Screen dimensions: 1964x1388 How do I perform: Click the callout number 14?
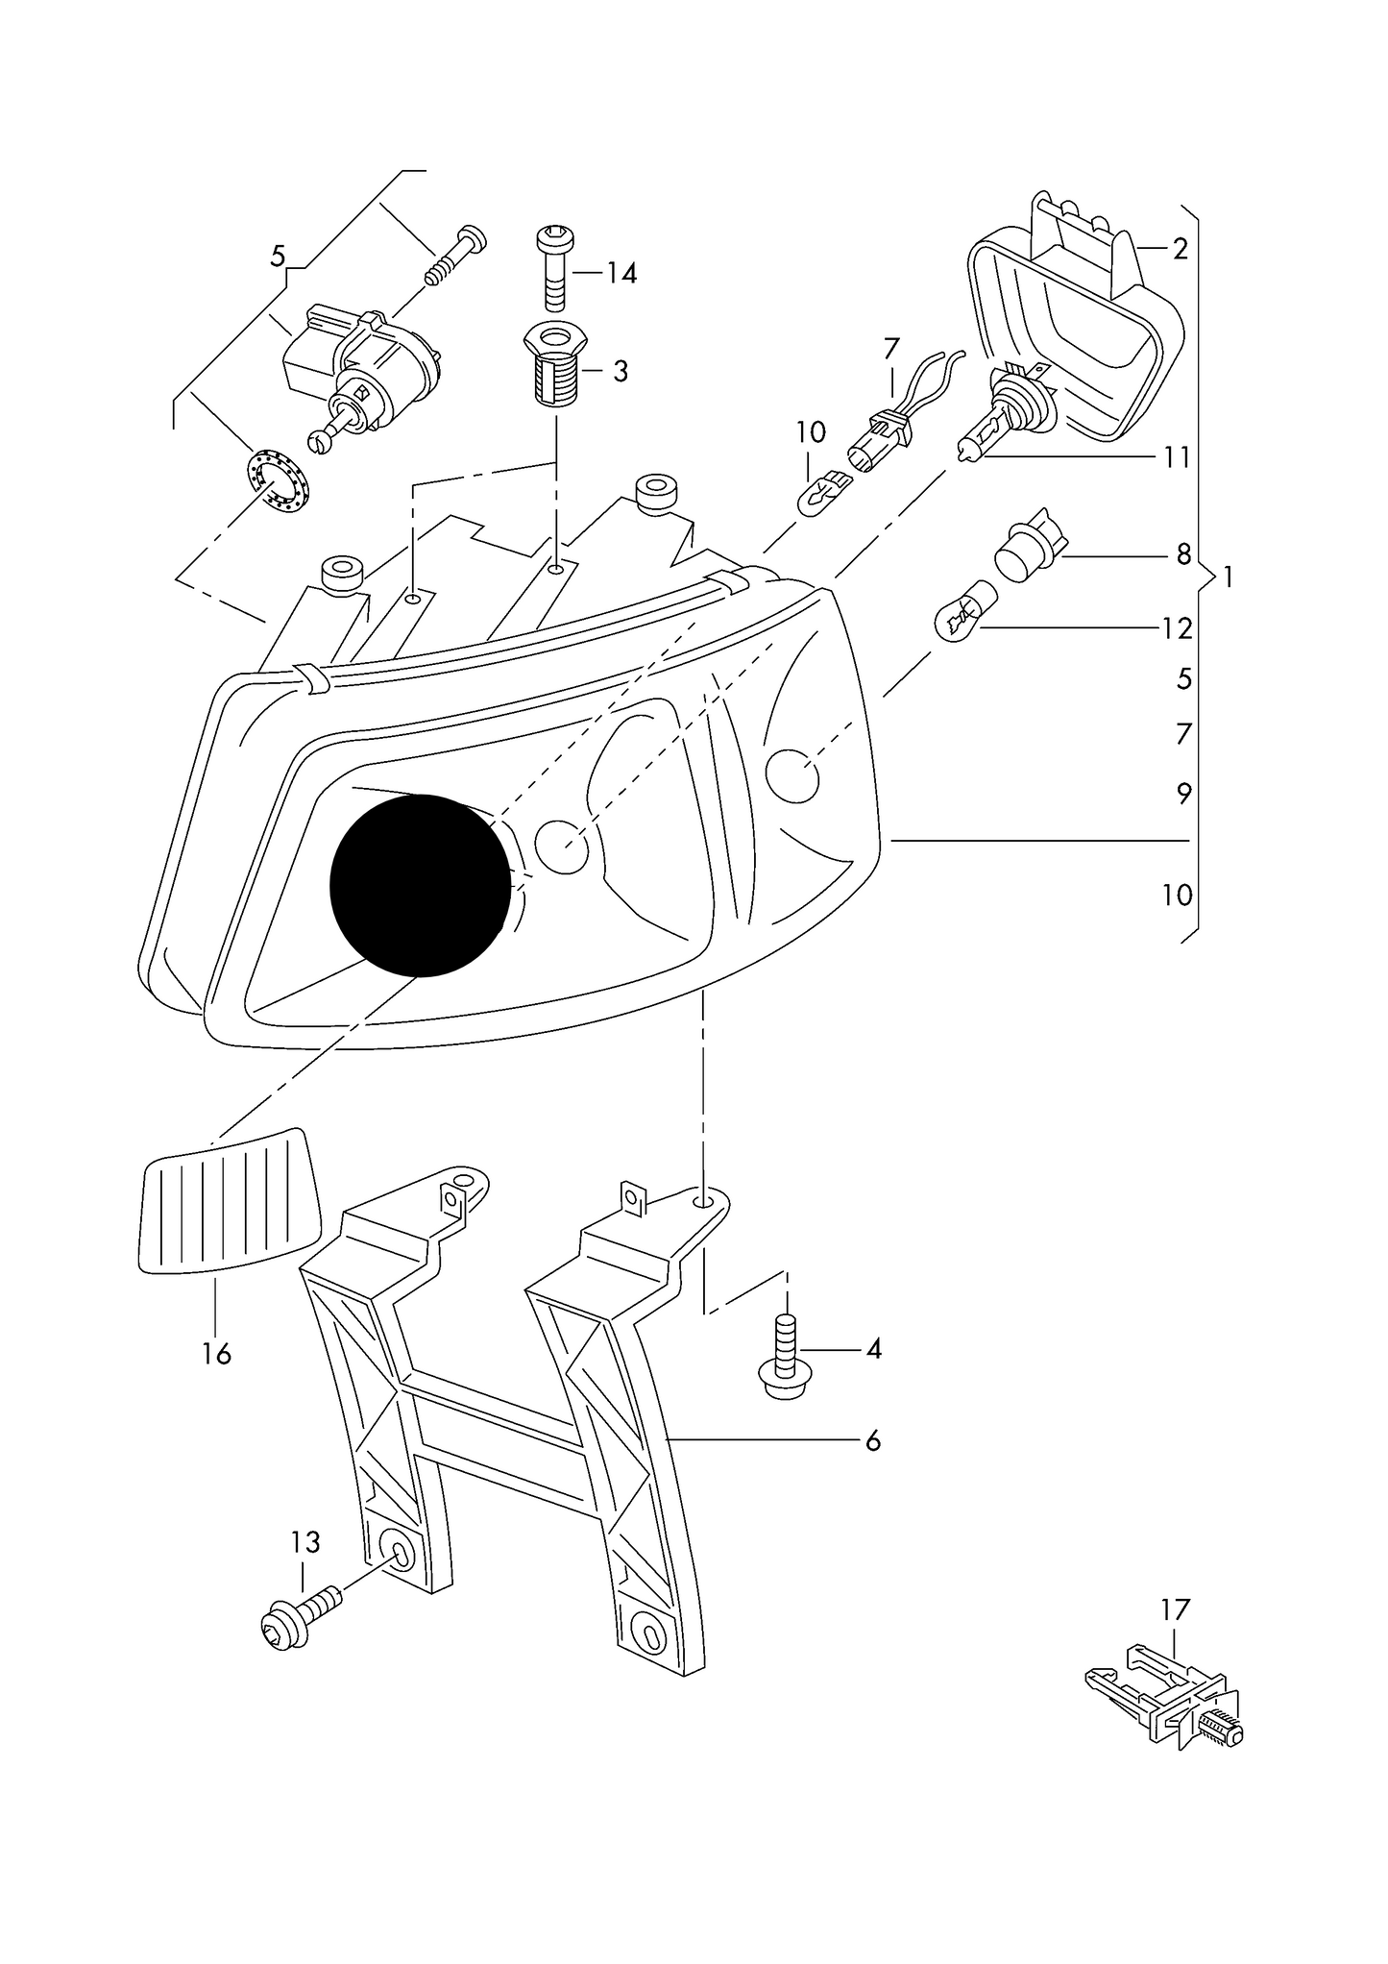coord(621,274)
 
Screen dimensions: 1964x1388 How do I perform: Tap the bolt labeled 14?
coord(556,263)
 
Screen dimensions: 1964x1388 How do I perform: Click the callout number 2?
coord(1181,249)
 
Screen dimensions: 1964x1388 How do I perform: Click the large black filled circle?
coord(420,885)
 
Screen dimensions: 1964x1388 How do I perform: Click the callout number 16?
coord(217,1354)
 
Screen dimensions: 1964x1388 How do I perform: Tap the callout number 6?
coord(872,1440)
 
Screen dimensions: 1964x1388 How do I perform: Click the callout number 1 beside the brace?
coord(1227,577)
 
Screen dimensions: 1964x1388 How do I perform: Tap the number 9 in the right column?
coord(1183,794)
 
